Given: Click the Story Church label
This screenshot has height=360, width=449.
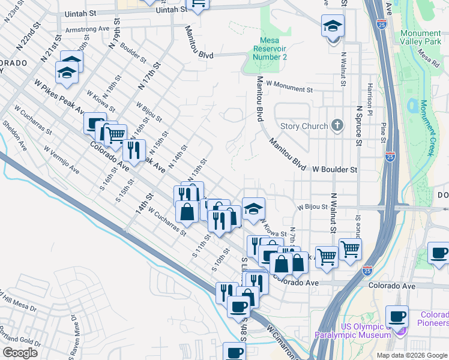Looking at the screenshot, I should pos(304,126).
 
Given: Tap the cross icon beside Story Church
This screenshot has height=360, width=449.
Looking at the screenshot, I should pos(338,126).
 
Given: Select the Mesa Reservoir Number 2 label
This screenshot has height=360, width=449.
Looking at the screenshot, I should pos(269,49).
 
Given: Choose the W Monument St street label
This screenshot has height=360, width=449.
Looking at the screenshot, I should pos(290,89).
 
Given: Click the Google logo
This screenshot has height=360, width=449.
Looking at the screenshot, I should pos(20,353).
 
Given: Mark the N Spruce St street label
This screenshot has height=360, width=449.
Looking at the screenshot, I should pos(358,126).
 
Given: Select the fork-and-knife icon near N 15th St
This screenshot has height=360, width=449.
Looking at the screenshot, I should pos(134,149).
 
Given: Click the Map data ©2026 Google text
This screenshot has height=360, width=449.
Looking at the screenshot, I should pos(411,355).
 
